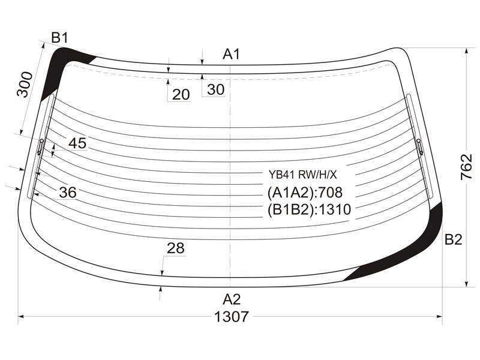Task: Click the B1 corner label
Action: coord(59,38)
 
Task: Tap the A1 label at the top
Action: coord(232,55)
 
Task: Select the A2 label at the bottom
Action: coord(232,299)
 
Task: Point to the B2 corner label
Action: coord(453,239)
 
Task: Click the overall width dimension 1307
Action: coord(232,317)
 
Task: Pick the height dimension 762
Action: coord(466,167)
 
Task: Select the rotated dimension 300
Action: coord(25,84)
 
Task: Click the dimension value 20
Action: coord(181,95)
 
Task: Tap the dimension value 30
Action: coord(215,89)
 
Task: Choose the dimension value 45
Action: coord(77,143)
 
